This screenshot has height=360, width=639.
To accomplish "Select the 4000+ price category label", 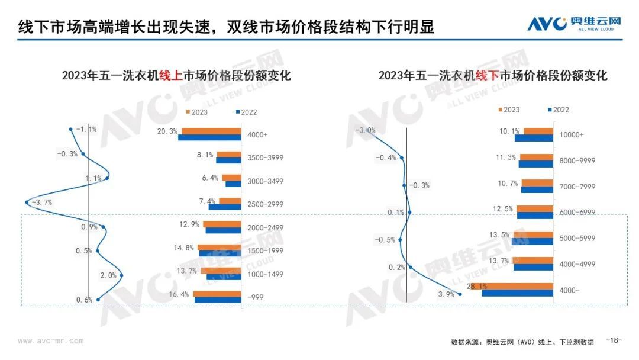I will (x=258, y=135).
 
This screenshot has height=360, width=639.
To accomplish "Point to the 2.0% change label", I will (x=108, y=275).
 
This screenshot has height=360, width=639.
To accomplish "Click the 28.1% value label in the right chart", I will (x=476, y=287).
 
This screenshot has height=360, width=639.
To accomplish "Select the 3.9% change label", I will (x=446, y=294).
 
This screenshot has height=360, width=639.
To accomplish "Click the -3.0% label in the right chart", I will (x=366, y=130).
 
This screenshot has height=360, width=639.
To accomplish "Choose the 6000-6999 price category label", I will (x=576, y=213).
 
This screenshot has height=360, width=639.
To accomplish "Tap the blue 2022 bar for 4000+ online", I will (x=209, y=138).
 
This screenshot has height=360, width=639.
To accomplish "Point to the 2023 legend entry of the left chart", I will (x=197, y=112).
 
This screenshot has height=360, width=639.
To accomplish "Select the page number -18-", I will (x=615, y=340).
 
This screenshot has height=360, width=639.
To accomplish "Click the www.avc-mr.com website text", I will (x=51, y=341).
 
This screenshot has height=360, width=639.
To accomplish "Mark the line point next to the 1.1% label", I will (x=107, y=178).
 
